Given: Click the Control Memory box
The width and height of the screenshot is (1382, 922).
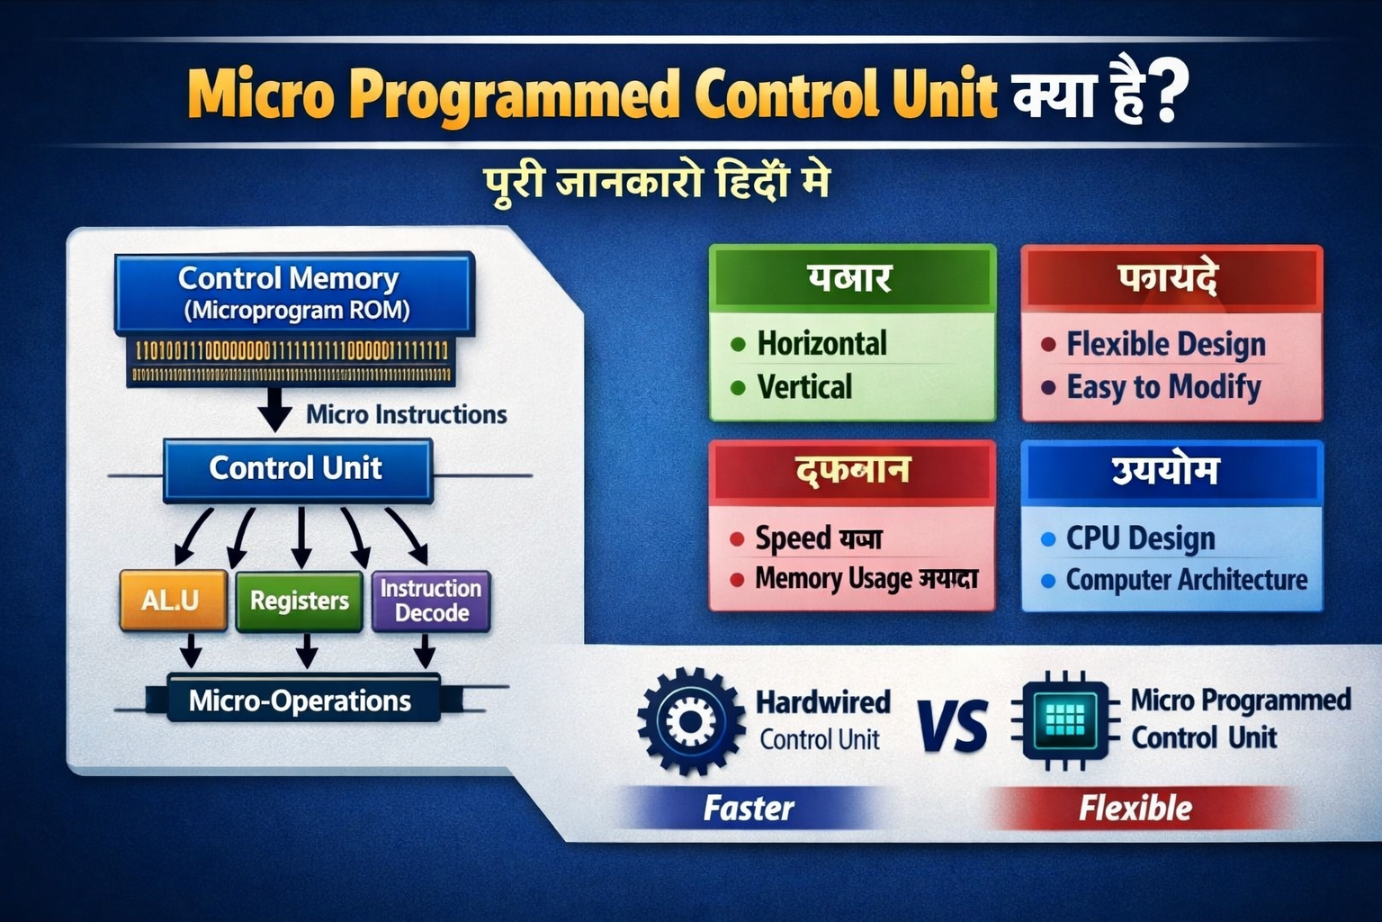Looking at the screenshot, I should coord(293,293).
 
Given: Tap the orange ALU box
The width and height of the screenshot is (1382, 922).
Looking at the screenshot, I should coord(173,600).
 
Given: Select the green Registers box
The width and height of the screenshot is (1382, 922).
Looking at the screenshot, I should coord(299,601).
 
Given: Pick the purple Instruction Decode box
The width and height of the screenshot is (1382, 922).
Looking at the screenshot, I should coord(431,601).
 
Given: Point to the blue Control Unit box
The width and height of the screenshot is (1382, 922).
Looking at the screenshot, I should coord(297,469).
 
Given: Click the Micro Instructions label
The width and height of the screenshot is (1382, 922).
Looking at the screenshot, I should coord(406,415).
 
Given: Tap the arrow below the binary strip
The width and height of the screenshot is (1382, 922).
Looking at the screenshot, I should coord(274,409).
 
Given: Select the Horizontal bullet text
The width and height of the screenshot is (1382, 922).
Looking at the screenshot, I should coord(821,343).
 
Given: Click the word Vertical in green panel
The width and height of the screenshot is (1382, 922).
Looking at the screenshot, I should coord(803,387).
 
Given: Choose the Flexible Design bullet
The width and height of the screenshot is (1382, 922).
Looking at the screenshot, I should coord(1165,344).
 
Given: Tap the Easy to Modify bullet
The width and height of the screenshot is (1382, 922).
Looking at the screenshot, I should coord(1162,387).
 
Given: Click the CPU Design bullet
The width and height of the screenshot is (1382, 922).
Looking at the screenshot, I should coord(1140,538).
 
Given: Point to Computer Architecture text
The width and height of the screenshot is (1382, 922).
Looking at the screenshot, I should coord(1186,580).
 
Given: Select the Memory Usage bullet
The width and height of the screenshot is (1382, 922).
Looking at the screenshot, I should coord(866,578).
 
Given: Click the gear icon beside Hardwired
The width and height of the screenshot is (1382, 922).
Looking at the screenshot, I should coord(691,721).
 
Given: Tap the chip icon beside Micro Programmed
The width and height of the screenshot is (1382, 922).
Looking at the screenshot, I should coord(1064,720).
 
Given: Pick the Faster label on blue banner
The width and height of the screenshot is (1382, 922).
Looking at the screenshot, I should coord(749,808).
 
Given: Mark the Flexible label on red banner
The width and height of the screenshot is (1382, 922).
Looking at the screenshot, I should coord(1135,808).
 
